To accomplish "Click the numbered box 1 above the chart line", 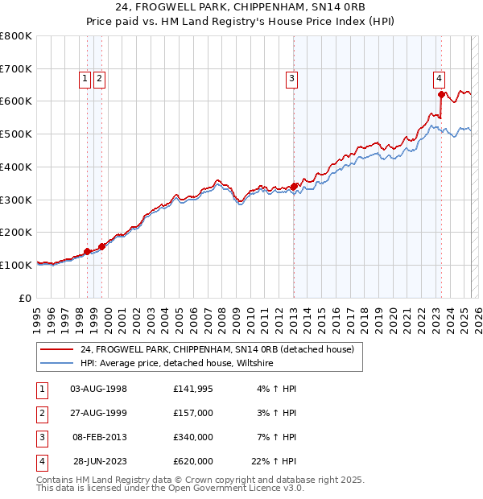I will (85, 78).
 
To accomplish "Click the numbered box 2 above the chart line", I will (98, 78).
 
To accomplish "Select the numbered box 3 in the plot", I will (291, 78).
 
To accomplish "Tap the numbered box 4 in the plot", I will (439, 78).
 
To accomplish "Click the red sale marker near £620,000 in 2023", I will (441, 94).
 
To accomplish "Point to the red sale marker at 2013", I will (295, 186).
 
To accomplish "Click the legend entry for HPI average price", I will (176, 364).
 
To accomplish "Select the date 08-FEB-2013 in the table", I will (99, 437).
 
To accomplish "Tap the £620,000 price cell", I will (193, 461).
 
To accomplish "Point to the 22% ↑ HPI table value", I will (274, 461).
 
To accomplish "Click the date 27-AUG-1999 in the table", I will (99, 413).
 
